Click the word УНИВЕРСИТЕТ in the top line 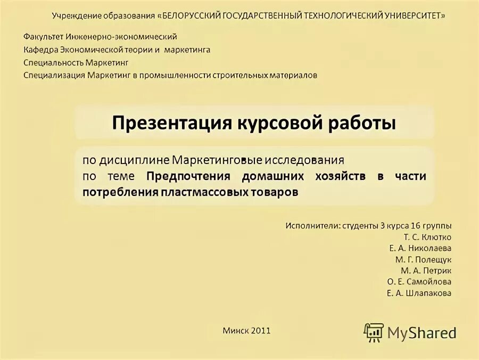[x=413, y=15]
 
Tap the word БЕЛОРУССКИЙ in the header [x=188, y=15]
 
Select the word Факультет [x=44, y=37]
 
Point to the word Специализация [x=54, y=75]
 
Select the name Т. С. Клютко [x=427, y=236]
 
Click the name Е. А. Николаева [x=420, y=248]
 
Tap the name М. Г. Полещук [x=423, y=259]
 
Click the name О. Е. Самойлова [x=419, y=282]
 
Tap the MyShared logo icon [x=374, y=332]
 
